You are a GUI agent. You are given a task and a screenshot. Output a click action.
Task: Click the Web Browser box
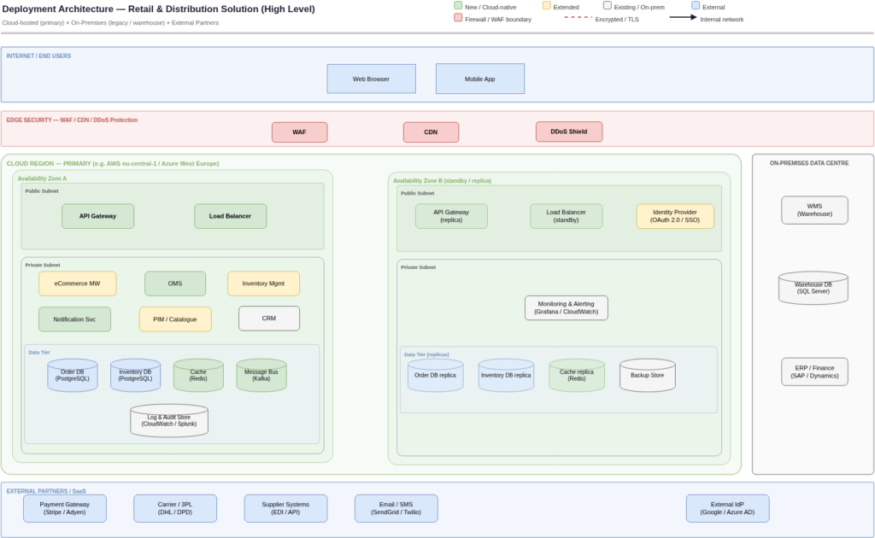tap(371, 79)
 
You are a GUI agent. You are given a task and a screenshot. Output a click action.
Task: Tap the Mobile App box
tap(479, 79)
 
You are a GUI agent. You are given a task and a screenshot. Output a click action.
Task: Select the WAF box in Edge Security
tap(299, 132)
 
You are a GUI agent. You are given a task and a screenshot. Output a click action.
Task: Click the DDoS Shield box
tap(568, 132)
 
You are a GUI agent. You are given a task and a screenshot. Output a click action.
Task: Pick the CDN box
tap(431, 132)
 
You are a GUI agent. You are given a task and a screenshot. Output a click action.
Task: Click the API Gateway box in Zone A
tap(97, 216)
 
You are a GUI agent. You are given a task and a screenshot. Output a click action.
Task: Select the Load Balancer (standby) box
tap(566, 216)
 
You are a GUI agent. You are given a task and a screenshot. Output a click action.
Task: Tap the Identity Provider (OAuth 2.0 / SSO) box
tap(674, 216)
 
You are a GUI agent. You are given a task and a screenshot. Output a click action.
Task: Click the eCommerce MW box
tap(77, 284)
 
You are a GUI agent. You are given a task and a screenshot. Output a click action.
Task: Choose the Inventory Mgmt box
tap(263, 284)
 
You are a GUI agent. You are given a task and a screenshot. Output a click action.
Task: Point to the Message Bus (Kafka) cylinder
tap(261, 375)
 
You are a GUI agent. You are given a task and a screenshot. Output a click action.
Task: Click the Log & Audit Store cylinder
tap(168, 420)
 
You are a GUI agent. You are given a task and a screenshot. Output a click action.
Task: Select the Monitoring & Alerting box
tap(566, 308)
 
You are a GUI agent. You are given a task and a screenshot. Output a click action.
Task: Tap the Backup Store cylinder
tap(647, 375)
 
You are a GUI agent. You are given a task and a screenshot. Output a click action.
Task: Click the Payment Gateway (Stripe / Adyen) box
tap(65, 508)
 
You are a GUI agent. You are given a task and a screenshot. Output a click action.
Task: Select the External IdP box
tap(727, 508)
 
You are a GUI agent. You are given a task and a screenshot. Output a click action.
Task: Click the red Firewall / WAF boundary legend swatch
tap(459, 18)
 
